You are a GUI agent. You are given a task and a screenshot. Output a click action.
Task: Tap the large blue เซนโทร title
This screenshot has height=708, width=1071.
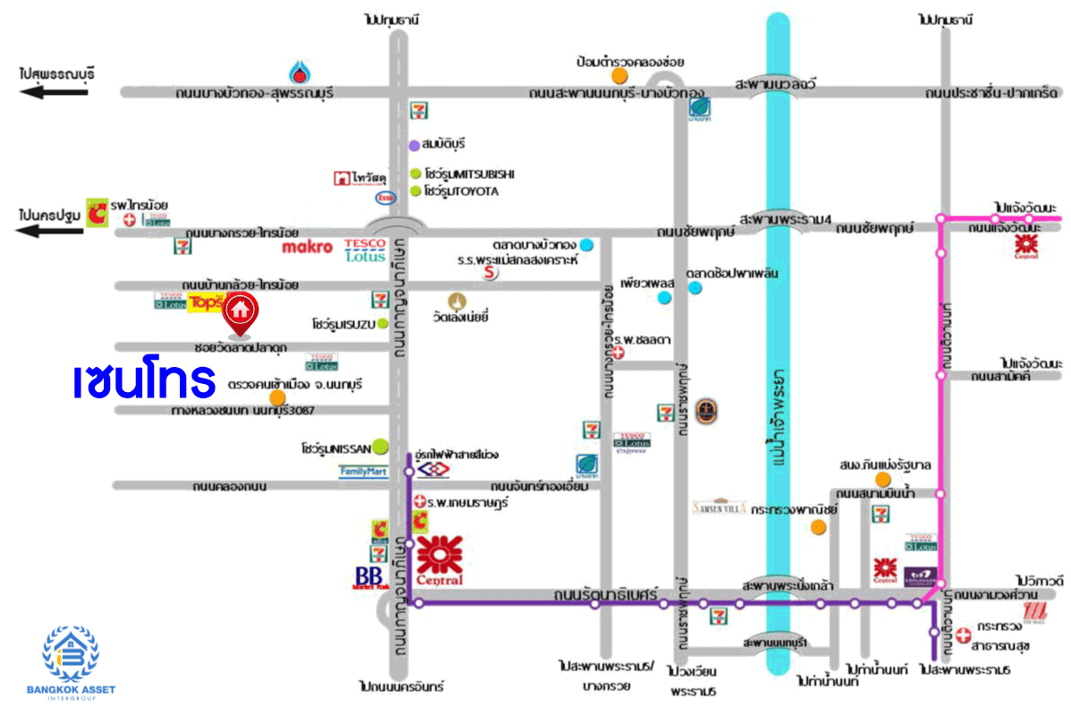(145, 380)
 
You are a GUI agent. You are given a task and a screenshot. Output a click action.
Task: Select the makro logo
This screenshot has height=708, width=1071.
(307, 246)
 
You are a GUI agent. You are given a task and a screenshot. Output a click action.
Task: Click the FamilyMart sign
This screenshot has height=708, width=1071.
(363, 471)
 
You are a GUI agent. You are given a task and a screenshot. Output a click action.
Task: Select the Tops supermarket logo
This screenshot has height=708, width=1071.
(204, 303)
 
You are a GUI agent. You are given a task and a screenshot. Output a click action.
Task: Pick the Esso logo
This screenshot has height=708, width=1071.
(385, 197)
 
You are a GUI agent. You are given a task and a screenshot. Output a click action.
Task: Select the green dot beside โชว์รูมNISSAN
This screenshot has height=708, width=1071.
(381, 445)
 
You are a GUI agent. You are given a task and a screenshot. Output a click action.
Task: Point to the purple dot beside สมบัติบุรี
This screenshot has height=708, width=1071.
(414, 144)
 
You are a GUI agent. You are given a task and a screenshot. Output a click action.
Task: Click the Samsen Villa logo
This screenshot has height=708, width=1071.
(714, 506)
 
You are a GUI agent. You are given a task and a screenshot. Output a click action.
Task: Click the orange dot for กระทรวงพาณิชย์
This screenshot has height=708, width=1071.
(818, 526)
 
